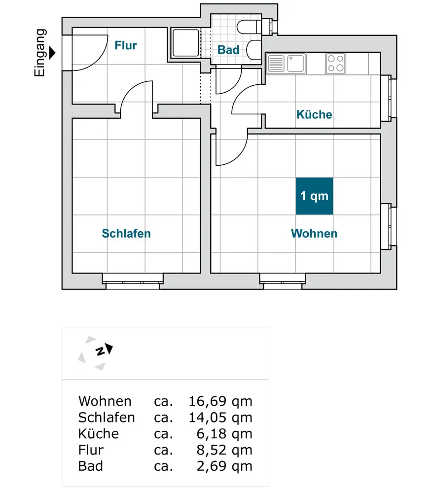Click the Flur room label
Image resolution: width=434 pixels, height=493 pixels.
pyautogui.click(x=126, y=46)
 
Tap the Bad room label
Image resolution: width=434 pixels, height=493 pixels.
pyautogui.click(x=228, y=50)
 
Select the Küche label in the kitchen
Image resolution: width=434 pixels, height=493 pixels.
pyautogui.click(x=314, y=115)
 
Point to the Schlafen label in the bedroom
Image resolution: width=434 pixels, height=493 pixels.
pyautogui.click(x=126, y=233)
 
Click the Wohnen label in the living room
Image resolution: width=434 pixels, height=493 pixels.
pyautogui.click(x=314, y=233)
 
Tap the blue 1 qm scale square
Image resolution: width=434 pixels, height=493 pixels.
pyautogui.click(x=314, y=196)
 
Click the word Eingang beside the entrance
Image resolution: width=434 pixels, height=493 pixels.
pyautogui.click(x=40, y=53)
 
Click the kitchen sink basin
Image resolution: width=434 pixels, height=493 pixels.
pyautogui.click(x=296, y=64)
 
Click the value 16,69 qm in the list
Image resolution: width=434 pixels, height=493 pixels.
pyautogui.click(x=220, y=401)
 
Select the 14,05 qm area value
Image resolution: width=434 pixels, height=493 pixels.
pyautogui.click(x=220, y=418)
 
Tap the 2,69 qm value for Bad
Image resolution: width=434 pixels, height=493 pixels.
pyautogui.click(x=224, y=466)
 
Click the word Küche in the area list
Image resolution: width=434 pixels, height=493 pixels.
pyautogui.click(x=99, y=434)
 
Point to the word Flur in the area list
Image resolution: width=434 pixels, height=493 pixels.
pyautogui.click(x=91, y=450)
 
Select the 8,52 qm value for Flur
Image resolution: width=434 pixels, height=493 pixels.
pyautogui.click(x=224, y=450)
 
